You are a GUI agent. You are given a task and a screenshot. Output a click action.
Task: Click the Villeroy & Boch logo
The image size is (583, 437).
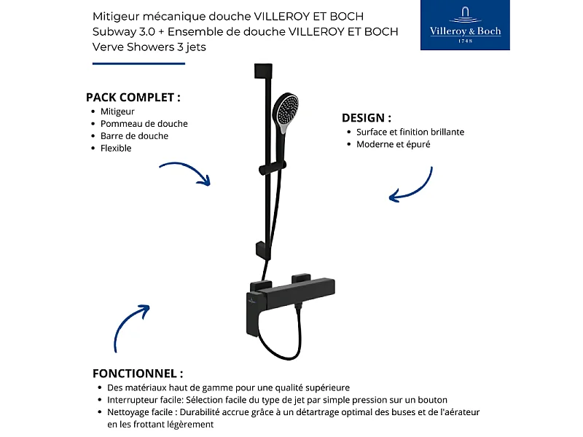pyautogui.click(x=465, y=25)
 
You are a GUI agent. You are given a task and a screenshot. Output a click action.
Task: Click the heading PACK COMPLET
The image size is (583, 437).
pyautogui.click(x=133, y=97)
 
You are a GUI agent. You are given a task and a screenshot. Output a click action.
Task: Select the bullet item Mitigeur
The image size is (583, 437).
pyautogui.click(x=117, y=111)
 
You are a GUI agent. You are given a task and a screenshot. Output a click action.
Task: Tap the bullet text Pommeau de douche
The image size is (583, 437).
pyautogui.click(x=144, y=124)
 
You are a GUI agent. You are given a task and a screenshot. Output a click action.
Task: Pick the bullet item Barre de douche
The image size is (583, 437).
pyautogui.click(x=134, y=136)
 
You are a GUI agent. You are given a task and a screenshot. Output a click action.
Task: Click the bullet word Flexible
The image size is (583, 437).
pyautogui.click(x=116, y=149)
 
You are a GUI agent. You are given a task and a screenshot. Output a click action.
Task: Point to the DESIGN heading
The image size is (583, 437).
pyautogui.click(x=367, y=117)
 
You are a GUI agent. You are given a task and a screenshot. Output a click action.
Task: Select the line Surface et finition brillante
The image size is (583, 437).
pyautogui.click(x=410, y=133)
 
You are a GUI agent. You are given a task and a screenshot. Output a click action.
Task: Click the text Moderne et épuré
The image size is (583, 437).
pyautogui.click(x=393, y=145)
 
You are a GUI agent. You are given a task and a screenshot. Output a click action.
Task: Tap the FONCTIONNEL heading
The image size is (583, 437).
pyautogui.click(x=138, y=372)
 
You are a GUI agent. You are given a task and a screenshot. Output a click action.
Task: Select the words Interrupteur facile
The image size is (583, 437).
pyautogui.click(x=141, y=400)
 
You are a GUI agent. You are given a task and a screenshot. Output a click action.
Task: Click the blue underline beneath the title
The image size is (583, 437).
pyautogui.click(x=138, y=63)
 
